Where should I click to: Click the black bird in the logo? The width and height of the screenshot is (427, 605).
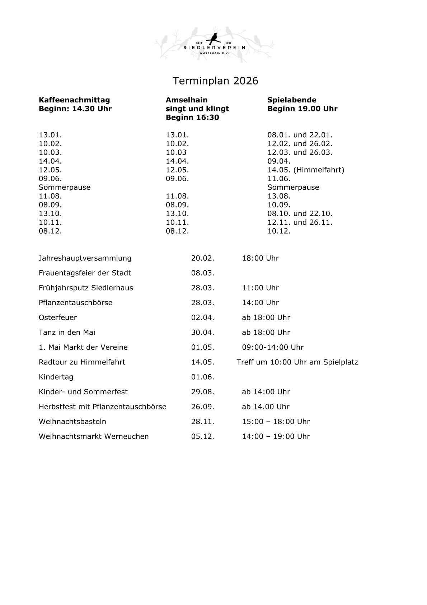coord(215,37)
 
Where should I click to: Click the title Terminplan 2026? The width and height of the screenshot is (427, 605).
coord(215,81)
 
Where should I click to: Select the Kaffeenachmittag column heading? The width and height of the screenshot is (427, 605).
coord(74,100)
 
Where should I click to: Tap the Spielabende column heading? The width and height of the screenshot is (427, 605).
coord(292,100)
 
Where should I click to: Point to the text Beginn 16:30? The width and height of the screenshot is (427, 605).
coord(192,118)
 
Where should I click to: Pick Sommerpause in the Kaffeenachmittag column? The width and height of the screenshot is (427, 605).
coord(65,187)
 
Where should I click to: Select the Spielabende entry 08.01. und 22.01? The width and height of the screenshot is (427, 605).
coord(300,135)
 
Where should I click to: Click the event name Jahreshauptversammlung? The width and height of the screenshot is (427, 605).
coord(85,258)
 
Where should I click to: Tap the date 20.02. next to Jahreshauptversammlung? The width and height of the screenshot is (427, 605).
coord(202,258)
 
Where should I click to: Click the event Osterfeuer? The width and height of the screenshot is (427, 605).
coord(58,317)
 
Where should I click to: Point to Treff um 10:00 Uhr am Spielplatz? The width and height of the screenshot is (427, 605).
coord(297,362)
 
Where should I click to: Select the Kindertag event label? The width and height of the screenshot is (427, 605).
coord(56,377)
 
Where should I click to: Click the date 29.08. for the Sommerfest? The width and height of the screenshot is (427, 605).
coord(202,392)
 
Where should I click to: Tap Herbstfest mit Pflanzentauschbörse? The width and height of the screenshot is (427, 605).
coord(103,407)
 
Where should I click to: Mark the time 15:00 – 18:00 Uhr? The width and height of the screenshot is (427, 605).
coord(276,421)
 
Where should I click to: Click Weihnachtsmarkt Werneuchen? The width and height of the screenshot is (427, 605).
coord(94,436)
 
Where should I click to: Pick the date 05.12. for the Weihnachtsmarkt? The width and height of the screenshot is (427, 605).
coord(202,436)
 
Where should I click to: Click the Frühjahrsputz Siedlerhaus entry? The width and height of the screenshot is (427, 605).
coord(86,288)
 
